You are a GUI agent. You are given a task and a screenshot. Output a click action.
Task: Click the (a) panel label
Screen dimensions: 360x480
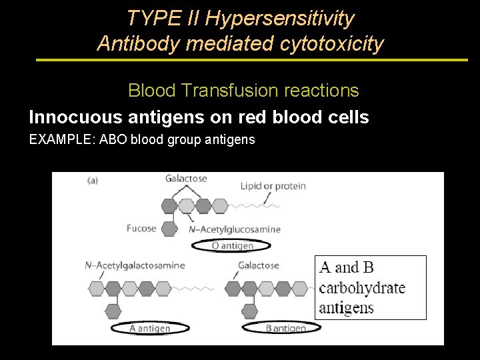click(x=93, y=180)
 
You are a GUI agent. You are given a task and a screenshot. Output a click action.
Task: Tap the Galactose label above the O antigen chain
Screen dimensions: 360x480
click(x=186, y=179)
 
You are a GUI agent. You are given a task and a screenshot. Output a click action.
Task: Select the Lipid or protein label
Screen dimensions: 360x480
click(x=273, y=185)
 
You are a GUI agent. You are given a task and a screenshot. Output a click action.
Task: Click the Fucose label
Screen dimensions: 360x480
click(x=141, y=228)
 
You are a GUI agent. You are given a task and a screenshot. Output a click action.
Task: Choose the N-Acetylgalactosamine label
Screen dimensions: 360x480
click(x=135, y=265)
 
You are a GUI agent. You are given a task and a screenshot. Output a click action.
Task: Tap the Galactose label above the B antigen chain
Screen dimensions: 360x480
click(x=258, y=265)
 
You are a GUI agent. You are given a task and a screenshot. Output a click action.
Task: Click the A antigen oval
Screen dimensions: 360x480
click(x=149, y=327)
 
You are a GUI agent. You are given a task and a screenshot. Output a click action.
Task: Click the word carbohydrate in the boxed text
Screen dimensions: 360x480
click(x=361, y=288)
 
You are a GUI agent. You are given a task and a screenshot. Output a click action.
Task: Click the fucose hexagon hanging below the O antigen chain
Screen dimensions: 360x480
click(x=169, y=229)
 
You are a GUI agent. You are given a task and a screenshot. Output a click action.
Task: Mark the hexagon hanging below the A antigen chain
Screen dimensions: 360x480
click(x=113, y=311)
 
